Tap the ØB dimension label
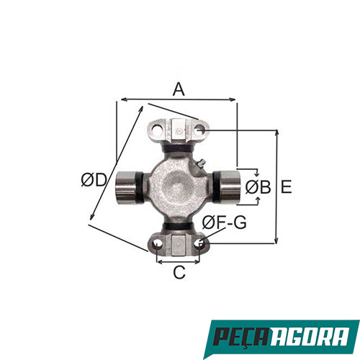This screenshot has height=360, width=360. [257, 187]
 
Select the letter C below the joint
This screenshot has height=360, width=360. [179, 273]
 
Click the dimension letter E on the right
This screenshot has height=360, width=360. [286, 187]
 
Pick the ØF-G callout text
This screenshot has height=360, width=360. [224, 222]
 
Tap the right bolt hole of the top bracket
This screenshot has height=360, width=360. [200, 130]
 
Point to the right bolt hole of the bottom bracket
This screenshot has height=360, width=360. [200, 244]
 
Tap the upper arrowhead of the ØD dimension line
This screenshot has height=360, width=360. [141, 107]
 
